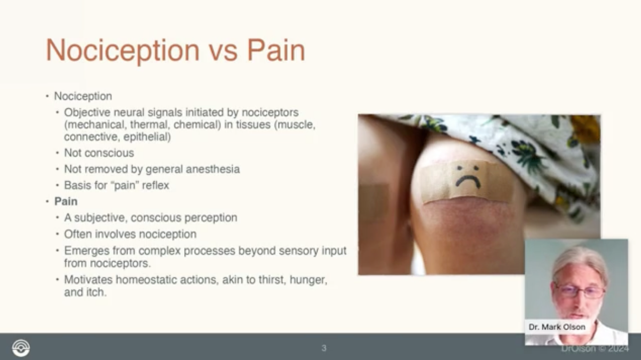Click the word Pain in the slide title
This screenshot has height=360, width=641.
(x=275, y=51)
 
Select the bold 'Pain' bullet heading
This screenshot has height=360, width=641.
(x=66, y=201)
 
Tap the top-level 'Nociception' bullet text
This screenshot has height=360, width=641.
(x=83, y=96)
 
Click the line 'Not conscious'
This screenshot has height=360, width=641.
(x=99, y=153)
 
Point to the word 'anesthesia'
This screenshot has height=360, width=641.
(x=214, y=169)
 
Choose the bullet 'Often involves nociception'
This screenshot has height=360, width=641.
(x=130, y=234)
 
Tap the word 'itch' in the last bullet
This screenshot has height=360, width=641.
(x=96, y=292)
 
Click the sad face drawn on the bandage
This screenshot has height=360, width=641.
(x=468, y=176)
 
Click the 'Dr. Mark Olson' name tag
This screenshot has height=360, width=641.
(x=557, y=327)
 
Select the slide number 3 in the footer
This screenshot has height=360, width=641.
(x=323, y=348)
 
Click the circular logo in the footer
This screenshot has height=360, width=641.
(x=21, y=348)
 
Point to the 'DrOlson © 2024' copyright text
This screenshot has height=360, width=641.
(x=595, y=348)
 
